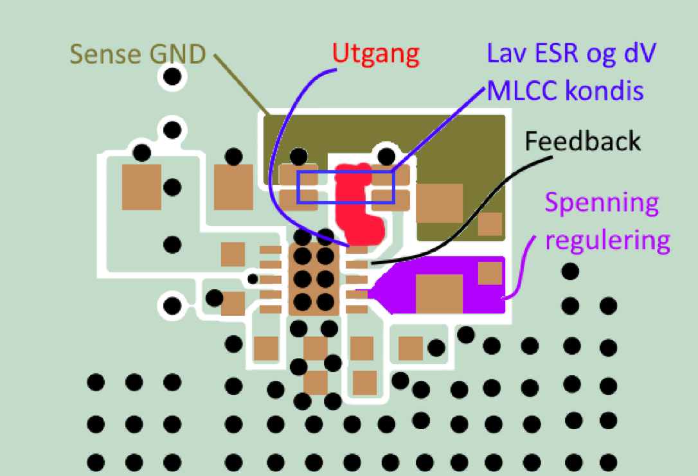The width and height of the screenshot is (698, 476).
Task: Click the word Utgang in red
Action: [x=376, y=55]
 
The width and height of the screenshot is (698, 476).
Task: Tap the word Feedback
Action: [x=583, y=141]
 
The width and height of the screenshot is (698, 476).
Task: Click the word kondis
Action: [x=604, y=91]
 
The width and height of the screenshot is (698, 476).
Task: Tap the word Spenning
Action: [x=602, y=204]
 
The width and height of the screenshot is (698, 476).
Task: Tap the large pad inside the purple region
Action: [x=439, y=293]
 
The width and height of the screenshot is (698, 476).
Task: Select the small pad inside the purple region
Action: [x=490, y=273]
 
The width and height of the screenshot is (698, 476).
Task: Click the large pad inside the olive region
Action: [x=440, y=203]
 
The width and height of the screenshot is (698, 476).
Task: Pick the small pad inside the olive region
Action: [x=490, y=224]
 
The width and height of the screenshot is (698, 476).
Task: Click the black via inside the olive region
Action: [x=386, y=155]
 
